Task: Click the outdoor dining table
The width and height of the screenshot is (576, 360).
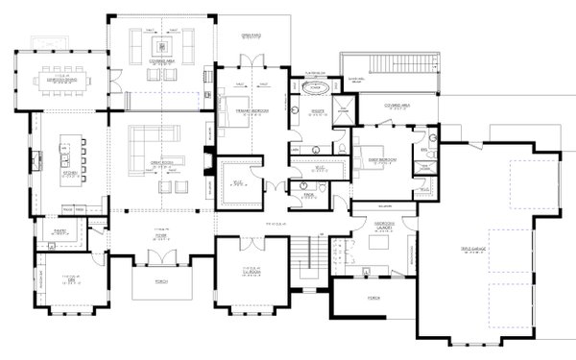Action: [x=61, y=82]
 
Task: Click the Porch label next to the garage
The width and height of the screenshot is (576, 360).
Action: [x=372, y=299]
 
